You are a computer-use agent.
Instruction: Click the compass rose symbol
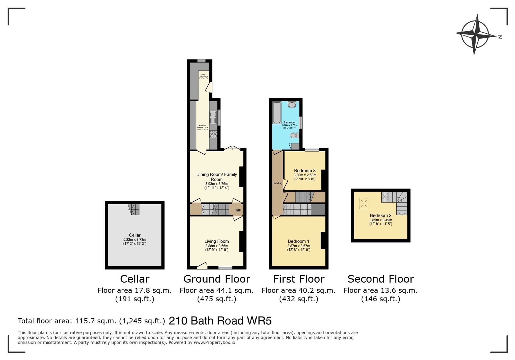pyautogui.click(x=475, y=35)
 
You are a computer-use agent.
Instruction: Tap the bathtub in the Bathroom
pyautogui.click(x=277, y=113)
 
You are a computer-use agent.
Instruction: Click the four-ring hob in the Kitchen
pyautogui.click(x=213, y=134)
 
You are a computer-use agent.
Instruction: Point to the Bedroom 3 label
pyautogui.click(x=305, y=171)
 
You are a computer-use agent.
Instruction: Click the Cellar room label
pyautogui.click(x=135, y=235)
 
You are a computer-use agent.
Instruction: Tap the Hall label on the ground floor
pyautogui.click(x=237, y=210)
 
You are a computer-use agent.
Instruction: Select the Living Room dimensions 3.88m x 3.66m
pyautogui.click(x=217, y=246)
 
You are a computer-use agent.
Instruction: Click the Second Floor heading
pyautogui.click(x=381, y=279)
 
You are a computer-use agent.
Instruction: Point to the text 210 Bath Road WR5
pyautogui.click(x=220, y=321)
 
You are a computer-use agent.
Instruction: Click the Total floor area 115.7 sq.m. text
pyautogui.click(x=91, y=321)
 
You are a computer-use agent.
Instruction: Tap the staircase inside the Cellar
pyautogui.click(x=134, y=209)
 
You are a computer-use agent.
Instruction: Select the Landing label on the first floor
pyautogui.click(x=277, y=183)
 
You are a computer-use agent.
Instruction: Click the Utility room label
pyautogui.click(x=203, y=75)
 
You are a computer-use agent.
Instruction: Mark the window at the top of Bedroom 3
pyautogui.click(x=312, y=150)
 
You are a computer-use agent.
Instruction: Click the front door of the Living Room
pyautogui.click(x=202, y=266)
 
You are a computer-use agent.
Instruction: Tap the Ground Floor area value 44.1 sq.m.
pyautogui.click(x=217, y=291)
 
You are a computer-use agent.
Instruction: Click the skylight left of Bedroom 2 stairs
pyautogui.click(x=364, y=203)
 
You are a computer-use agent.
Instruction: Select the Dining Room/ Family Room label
pyautogui.click(x=217, y=177)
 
